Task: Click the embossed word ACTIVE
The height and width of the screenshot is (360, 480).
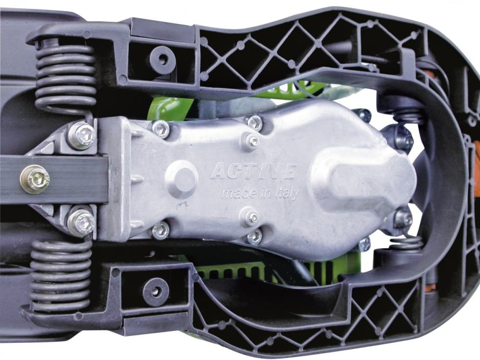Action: click(x=253, y=171)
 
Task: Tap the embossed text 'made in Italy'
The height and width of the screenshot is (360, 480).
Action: click(x=260, y=194)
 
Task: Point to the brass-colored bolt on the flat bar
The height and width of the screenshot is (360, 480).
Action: click(x=34, y=179)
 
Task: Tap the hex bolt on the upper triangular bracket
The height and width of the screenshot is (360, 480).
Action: click(x=82, y=135)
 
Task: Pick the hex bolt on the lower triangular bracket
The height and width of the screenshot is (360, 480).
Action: click(x=81, y=223)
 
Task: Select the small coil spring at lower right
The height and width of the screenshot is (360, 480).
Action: click(x=407, y=243)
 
